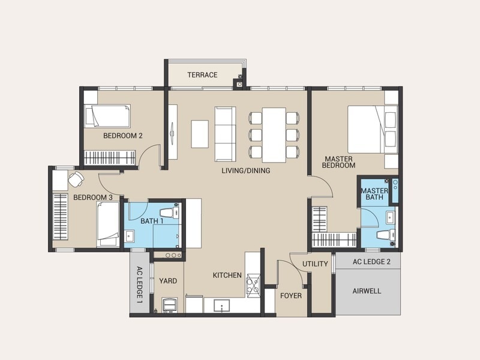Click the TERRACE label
(202, 74)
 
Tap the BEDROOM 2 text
(123, 136)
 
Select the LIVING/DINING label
(246, 170)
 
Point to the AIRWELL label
(367, 291)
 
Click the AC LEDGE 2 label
(371, 262)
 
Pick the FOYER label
(291, 296)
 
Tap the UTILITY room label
(315, 264)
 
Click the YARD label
(168, 281)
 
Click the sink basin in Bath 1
(129, 236)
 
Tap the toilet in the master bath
(386, 235)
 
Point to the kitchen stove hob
(253, 284)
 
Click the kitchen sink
(222, 305)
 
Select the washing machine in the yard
(169, 305)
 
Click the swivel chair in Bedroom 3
(76, 179)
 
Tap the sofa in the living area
(226, 134)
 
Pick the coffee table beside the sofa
(200, 134)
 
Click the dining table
(274, 135)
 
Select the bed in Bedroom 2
(107, 116)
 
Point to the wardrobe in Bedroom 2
(110, 158)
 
